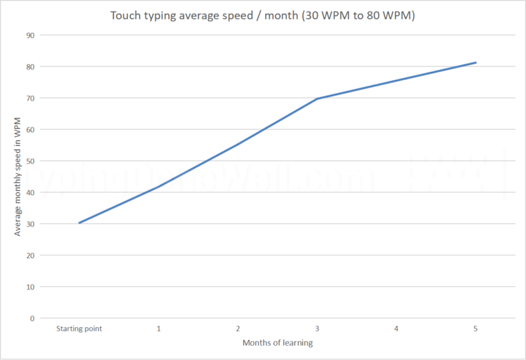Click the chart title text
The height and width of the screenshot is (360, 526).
pos(263,14)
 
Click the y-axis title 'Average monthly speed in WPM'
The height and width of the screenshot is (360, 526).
pos(18,176)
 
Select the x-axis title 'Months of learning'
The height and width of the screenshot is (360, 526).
pos(277,342)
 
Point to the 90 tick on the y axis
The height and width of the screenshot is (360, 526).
pos(29,35)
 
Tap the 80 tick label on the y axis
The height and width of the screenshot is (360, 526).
pos(29,66)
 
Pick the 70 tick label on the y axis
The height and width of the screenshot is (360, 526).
pos(29,98)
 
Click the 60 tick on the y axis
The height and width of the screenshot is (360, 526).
pos(29,129)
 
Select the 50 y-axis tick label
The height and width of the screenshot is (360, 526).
pos(29,161)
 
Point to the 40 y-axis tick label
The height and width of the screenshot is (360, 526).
pos(29,192)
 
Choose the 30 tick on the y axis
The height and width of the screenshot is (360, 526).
pos(29,224)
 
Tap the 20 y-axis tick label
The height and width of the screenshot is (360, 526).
pos(29,255)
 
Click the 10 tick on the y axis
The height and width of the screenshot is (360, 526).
pos(29,287)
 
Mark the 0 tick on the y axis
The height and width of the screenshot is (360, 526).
pos(32,318)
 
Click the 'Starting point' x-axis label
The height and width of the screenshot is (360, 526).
pos(79,329)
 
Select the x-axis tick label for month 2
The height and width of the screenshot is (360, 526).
pos(238,329)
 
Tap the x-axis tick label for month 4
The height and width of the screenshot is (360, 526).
pos(397,329)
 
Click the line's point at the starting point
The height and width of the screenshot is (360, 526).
pos(79,222)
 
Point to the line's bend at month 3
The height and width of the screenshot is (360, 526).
pos(317,99)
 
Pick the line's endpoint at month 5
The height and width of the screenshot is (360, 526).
pos(476,62)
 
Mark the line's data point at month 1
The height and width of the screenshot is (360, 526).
pos(159,186)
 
